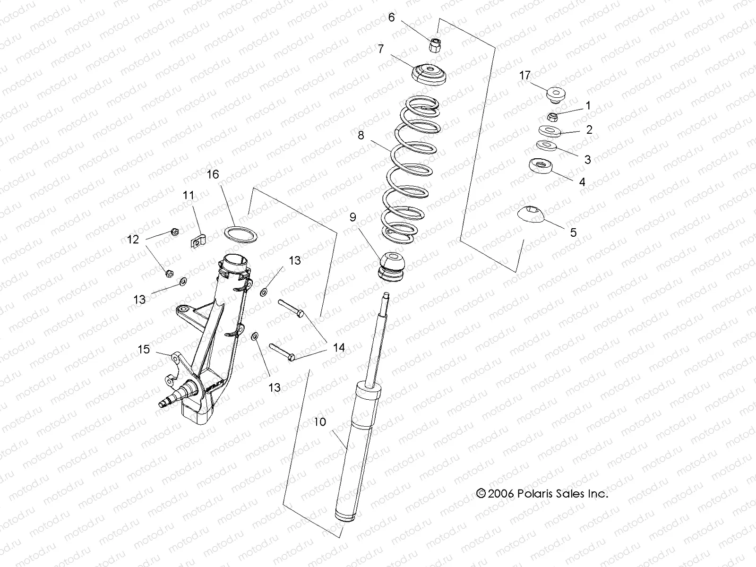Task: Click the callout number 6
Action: (x=391, y=17)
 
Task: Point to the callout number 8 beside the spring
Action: (x=361, y=136)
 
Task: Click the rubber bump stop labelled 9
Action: (x=392, y=267)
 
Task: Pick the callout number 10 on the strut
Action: (x=320, y=422)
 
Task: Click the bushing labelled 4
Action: (x=541, y=167)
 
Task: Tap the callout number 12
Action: (x=133, y=240)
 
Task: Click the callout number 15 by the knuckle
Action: (x=144, y=349)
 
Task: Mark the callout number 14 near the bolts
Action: (x=339, y=348)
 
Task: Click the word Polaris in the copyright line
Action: (x=538, y=494)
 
